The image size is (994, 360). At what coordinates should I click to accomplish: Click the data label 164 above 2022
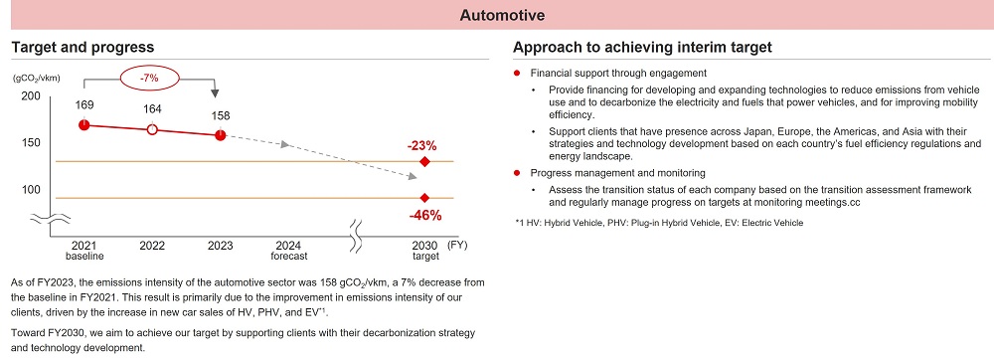152,109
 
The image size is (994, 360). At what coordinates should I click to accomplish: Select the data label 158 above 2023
220,114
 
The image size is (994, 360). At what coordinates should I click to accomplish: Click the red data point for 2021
83,124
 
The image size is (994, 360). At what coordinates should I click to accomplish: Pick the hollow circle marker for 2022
152,129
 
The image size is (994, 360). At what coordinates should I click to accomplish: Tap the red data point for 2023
220,135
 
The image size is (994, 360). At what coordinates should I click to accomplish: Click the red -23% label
423,144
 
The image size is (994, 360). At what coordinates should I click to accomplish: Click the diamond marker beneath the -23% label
424,161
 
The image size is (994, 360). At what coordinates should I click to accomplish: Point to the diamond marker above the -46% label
424,198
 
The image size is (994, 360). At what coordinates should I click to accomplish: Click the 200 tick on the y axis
30,95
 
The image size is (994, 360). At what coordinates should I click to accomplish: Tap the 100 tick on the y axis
30,189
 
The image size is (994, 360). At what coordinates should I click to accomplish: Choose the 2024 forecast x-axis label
287,250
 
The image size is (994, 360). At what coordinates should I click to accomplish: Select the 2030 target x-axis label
424,250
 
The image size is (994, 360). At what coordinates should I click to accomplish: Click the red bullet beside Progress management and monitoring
518,171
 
